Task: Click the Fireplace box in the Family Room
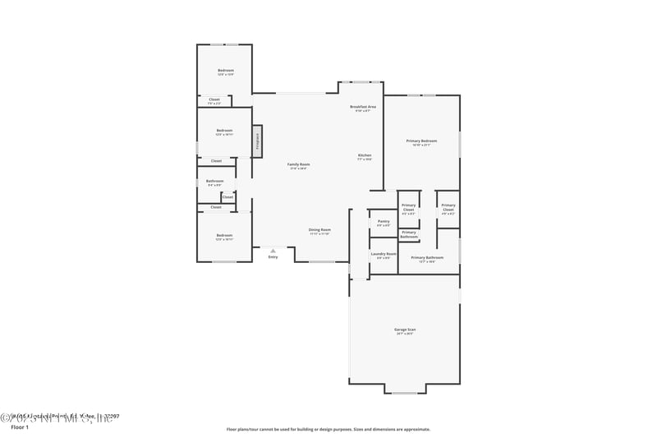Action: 257,141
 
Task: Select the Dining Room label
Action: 319,231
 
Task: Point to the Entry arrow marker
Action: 273,250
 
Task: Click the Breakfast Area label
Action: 362,108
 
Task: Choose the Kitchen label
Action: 365,157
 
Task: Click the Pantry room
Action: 384,223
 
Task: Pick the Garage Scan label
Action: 406,331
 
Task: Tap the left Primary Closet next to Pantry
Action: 408,209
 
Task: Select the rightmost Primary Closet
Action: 448,209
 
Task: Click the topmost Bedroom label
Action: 226,71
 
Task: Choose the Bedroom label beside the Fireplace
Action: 224,131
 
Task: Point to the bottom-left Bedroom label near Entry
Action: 224,237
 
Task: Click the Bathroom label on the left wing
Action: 215,182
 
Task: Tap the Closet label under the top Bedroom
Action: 214,101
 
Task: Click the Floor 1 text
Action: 20,427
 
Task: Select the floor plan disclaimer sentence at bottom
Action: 328,429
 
